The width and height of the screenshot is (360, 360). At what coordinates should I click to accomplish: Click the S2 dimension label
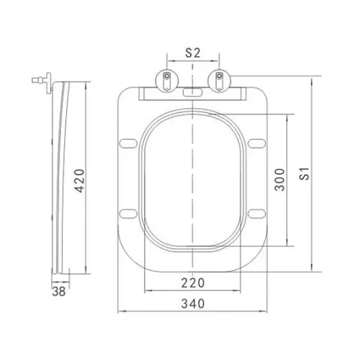[x=193, y=53]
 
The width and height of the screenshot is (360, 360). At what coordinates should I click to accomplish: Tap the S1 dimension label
[x=305, y=174]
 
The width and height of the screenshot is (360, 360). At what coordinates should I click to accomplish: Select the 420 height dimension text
[x=79, y=181]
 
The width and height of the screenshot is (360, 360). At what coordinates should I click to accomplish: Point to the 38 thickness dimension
[x=59, y=292]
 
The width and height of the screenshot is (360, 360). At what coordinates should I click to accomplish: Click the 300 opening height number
[x=279, y=180]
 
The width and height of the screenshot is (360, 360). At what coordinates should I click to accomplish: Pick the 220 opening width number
[x=193, y=283]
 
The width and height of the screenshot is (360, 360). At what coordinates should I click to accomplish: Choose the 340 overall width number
[x=193, y=304]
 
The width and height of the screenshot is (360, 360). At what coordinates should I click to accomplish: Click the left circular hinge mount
[x=167, y=81]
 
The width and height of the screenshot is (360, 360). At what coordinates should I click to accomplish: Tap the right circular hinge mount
[x=219, y=81]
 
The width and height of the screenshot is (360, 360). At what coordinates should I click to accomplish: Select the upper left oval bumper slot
[x=128, y=143]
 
